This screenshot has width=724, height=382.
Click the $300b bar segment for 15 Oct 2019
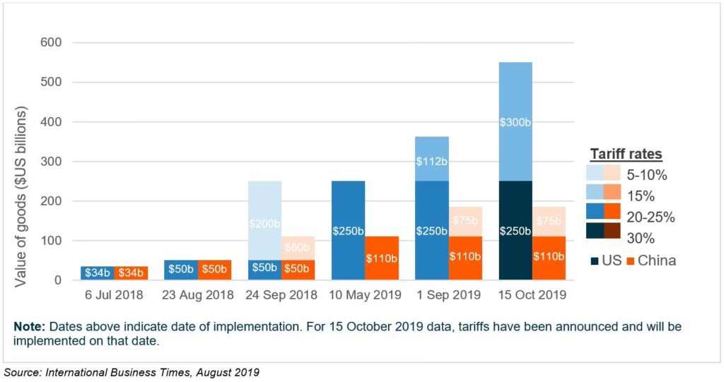[515, 121]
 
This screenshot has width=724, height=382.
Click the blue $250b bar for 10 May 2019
[349, 230]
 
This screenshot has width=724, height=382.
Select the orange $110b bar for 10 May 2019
[383, 258]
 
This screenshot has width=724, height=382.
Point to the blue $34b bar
[97, 273]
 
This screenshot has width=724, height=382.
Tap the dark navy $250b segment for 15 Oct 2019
[515, 230]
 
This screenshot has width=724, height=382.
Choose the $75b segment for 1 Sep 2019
[465, 221]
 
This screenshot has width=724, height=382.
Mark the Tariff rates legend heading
[626, 154]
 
